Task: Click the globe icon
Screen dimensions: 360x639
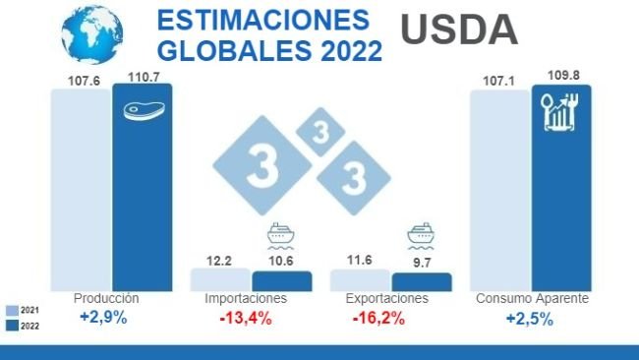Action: (92, 33)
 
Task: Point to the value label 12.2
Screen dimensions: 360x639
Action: (219, 261)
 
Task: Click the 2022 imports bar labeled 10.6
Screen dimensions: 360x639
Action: (281, 281)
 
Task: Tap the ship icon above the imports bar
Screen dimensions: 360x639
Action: (281, 238)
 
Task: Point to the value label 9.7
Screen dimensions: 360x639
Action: (421, 265)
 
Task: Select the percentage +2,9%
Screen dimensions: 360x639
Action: (103, 318)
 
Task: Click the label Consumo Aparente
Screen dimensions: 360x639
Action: (531, 298)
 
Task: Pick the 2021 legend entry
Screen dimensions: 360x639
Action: (21, 309)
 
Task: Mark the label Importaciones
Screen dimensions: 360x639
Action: (246, 298)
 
